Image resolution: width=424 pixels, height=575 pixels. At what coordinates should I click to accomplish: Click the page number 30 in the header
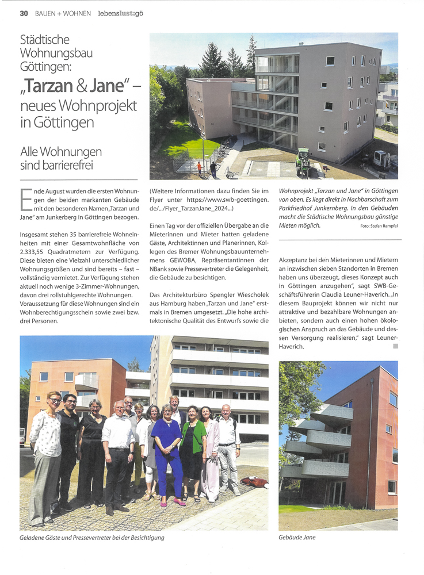click(x=24, y=13)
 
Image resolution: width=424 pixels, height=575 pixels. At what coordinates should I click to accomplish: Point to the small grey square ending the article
click(x=395, y=347)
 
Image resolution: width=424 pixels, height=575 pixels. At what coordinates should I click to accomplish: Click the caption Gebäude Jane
click(x=297, y=537)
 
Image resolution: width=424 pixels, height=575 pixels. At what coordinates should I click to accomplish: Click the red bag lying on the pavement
click(x=251, y=481)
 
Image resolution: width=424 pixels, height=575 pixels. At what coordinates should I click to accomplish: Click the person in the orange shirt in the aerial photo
click(x=200, y=168)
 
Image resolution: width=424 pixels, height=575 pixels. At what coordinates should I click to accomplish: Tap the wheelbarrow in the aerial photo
click(x=232, y=173)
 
